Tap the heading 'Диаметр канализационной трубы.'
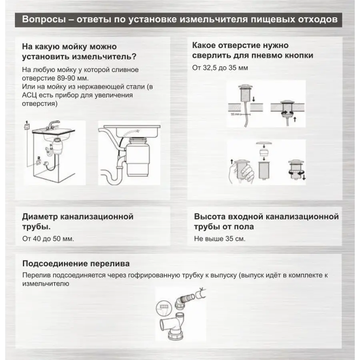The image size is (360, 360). (x=78, y=222)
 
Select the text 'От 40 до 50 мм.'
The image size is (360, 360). (x=48, y=239)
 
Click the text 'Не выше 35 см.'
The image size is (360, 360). (x=220, y=239)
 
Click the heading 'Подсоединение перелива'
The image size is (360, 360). (x=76, y=264)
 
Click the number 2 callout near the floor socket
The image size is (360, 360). (x=38, y=159)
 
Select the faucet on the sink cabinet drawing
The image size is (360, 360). (x=52, y=124)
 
